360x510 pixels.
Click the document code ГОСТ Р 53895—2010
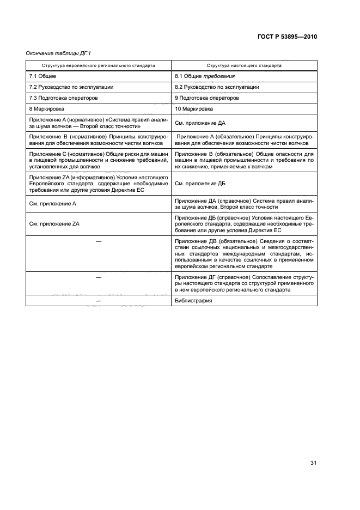287,37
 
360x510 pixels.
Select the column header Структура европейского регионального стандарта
99,65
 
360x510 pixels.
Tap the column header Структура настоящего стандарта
244,65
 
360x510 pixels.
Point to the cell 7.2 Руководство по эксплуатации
71,87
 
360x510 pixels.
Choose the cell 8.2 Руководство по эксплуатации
217,87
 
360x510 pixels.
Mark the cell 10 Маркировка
193,109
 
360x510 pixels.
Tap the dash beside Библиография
99,301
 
